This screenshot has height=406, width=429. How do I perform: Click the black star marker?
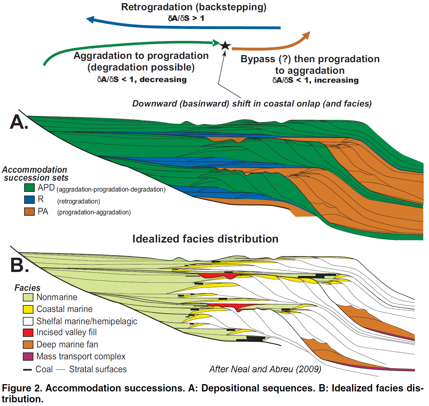click(225, 45)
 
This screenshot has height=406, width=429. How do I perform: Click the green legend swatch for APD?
click(29, 188)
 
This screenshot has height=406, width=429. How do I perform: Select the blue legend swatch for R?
click(29, 200)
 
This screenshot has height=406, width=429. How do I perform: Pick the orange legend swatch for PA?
click(29, 211)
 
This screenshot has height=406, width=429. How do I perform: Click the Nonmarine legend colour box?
click(28, 297)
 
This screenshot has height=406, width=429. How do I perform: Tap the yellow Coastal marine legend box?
click(28, 309)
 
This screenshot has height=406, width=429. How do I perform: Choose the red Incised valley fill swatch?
click(28, 333)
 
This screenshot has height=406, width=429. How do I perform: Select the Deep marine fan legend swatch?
click(28, 344)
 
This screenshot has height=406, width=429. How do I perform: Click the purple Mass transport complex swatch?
click(28, 356)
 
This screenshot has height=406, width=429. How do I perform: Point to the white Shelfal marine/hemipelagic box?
click(28, 321)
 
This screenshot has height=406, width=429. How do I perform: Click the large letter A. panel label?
click(19, 122)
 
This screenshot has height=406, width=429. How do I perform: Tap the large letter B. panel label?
click(19, 265)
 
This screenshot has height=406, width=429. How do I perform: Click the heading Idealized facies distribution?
click(205, 239)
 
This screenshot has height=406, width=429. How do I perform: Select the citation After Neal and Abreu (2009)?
click(265, 369)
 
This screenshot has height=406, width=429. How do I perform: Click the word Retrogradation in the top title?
click(156, 7)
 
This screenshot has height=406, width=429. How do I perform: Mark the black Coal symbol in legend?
click(27, 370)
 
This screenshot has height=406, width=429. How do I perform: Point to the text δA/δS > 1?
click(186, 18)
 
